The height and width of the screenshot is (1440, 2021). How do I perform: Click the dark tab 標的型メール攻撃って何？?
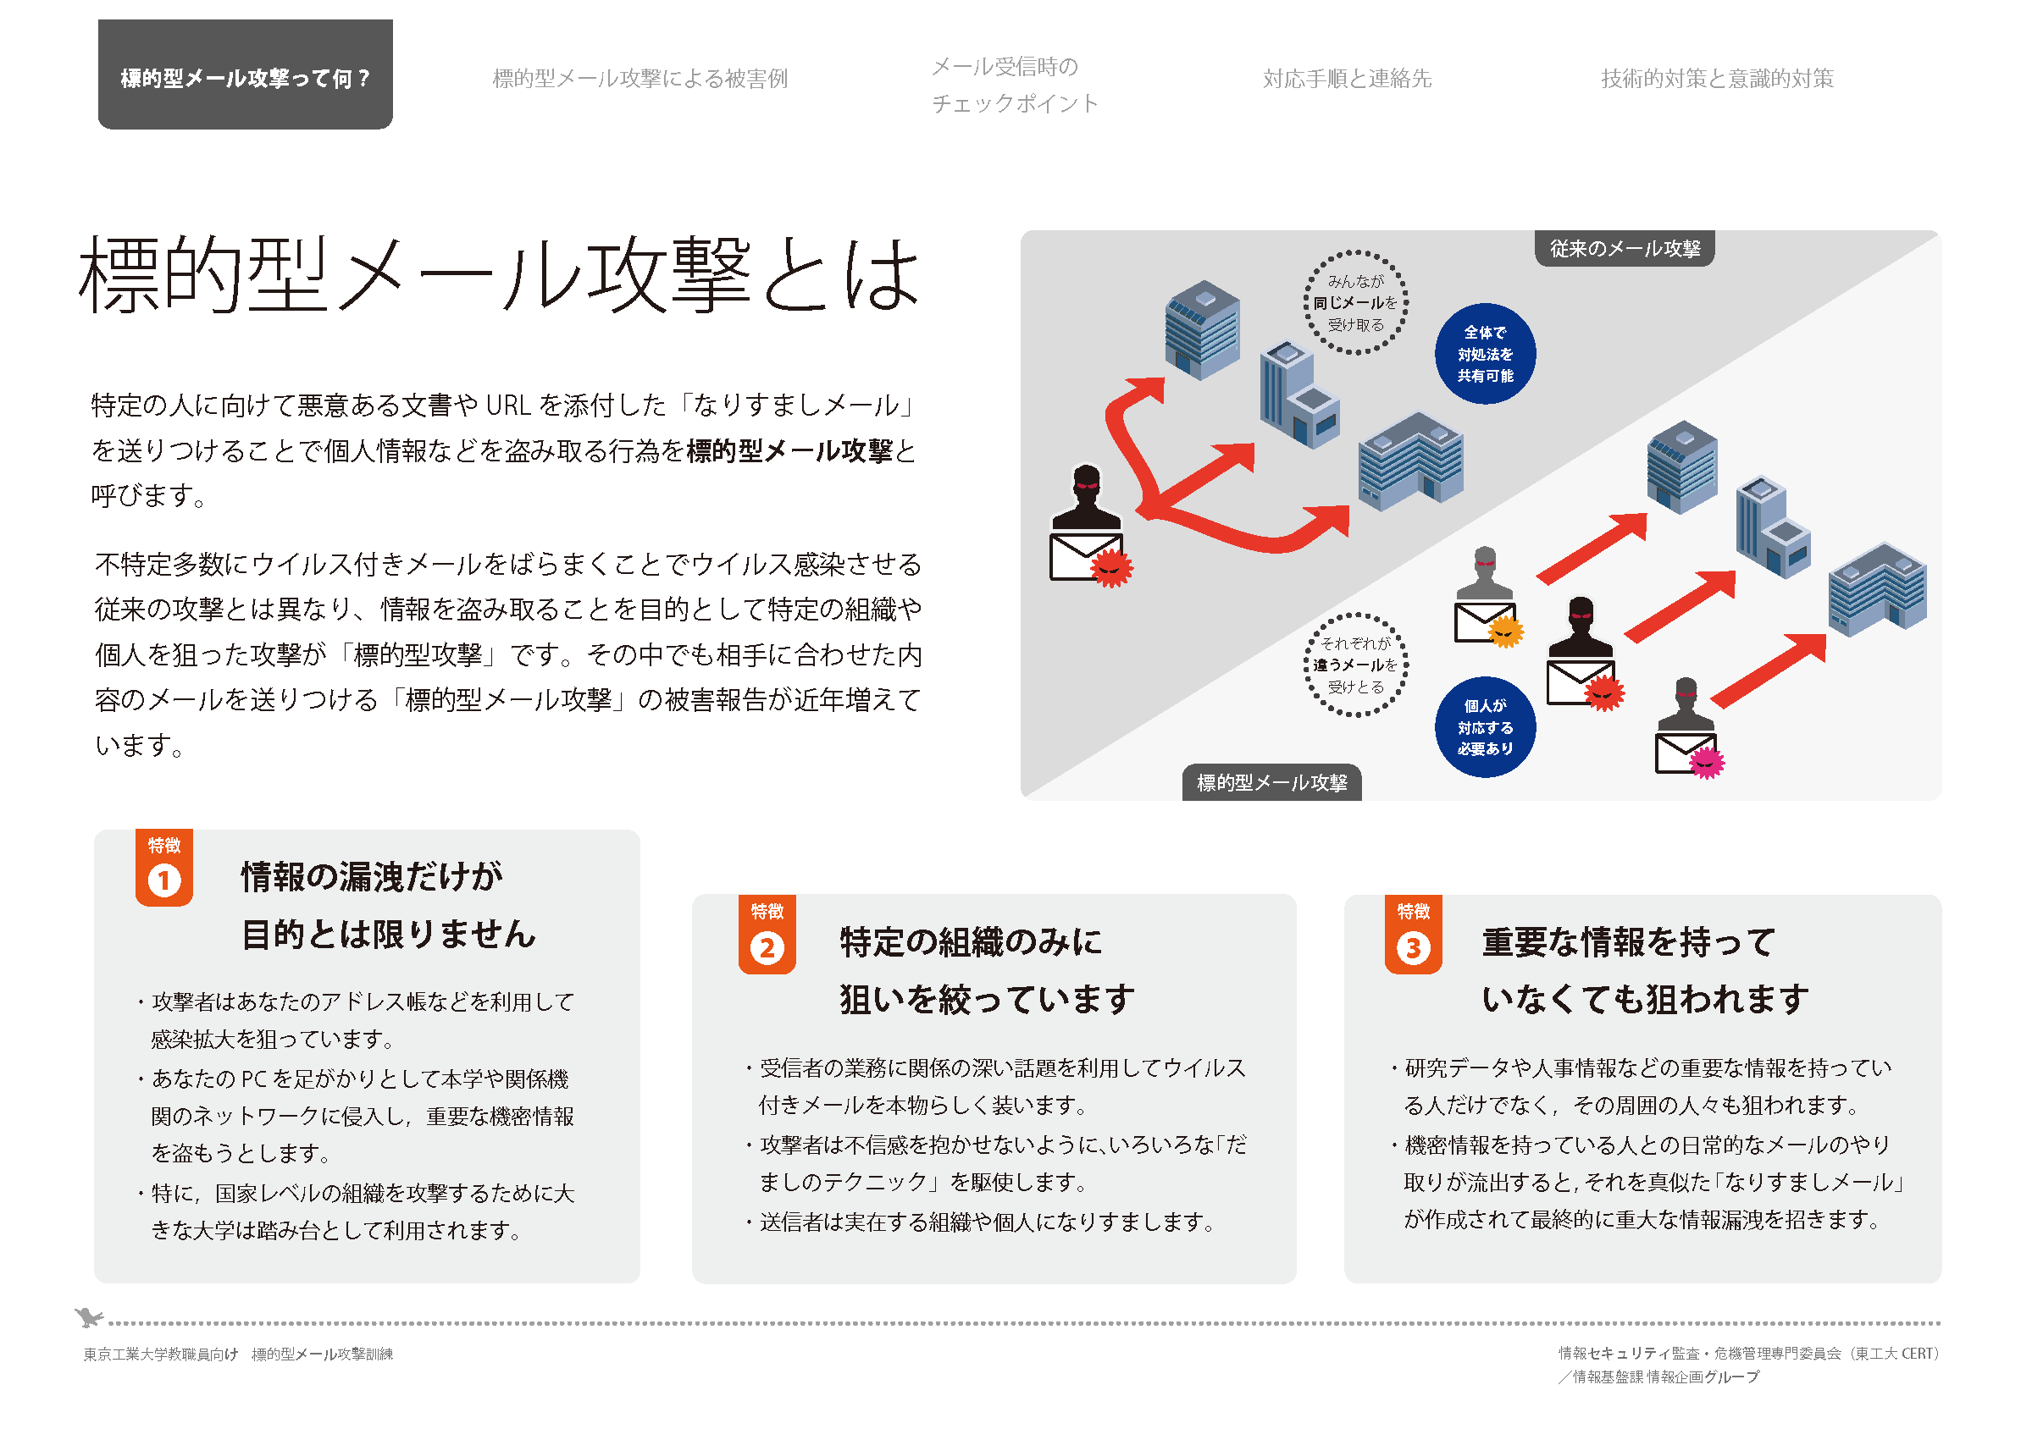245,76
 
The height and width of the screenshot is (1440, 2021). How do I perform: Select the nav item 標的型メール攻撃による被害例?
640,79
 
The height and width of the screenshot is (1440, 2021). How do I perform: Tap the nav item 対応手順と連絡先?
1347,79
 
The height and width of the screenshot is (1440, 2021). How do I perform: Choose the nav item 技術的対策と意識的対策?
1717,79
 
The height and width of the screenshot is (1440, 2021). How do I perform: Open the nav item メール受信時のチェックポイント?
1014,86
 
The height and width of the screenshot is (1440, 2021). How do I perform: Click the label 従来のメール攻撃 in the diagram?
1625,249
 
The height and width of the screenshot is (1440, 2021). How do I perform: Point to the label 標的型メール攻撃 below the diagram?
1271,783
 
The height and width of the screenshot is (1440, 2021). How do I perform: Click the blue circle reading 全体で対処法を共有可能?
1485,355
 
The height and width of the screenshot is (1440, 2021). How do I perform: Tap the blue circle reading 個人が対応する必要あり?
1485,728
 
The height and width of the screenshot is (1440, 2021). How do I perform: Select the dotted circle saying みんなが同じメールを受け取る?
1355,303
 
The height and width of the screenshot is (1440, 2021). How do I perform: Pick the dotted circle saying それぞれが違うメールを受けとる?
1355,665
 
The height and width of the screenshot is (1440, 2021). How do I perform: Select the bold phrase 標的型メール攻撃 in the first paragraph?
789,451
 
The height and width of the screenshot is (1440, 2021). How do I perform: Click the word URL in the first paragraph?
508,406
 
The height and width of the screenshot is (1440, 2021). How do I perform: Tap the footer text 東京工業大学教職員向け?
161,1354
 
